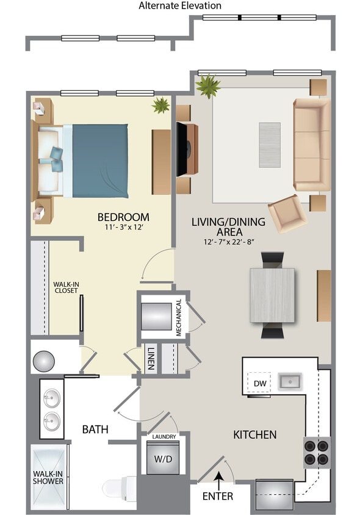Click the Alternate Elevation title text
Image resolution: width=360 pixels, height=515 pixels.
(180, 6)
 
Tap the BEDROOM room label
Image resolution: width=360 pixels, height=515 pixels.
(123, 217)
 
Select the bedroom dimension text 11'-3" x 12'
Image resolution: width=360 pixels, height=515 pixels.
(123, 228)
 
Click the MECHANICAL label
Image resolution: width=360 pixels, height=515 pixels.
(179, 317)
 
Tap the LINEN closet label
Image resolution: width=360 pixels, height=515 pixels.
(150, 359)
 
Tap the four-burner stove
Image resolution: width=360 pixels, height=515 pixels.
(317, 452)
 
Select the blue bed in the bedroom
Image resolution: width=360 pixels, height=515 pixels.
(99, 160)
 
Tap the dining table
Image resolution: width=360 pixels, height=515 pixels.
(272, 295)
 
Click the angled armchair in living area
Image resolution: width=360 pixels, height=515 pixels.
(287, 213)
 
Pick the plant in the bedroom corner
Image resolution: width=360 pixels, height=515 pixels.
(161, 106)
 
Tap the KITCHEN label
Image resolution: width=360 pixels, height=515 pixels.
(255, 435)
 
